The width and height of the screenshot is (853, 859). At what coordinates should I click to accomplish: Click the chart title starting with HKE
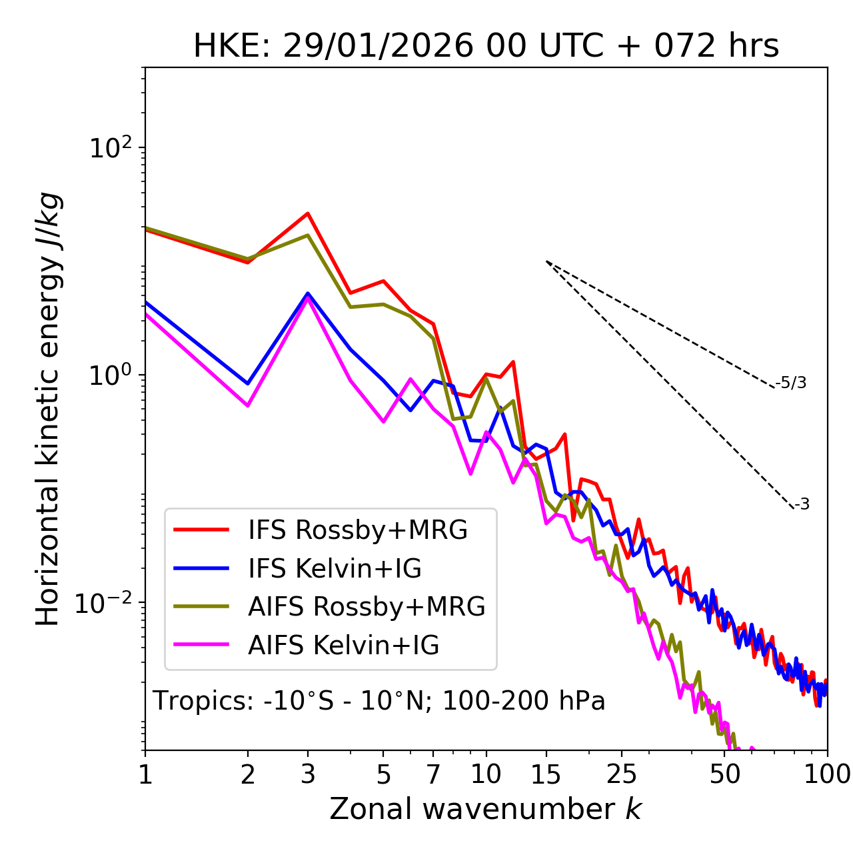[x=486, y=47]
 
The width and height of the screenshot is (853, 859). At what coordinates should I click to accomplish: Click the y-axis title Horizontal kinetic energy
[x=48, y=409]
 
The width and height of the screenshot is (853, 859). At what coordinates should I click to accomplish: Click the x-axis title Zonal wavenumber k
[x=485, y=809]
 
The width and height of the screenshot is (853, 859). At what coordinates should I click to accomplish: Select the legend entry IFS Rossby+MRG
[x=357, y=530]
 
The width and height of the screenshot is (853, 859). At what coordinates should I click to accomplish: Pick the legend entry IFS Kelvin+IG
[x=335, y=569]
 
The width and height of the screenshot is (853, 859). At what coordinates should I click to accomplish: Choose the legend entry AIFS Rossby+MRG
[x=367, y=607]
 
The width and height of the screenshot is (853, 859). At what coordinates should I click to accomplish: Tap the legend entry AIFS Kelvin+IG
[x=343, y=646]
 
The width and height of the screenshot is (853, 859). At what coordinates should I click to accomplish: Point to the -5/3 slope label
[x=791, y=383]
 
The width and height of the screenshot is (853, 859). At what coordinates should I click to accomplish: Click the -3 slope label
[x=802, y=505]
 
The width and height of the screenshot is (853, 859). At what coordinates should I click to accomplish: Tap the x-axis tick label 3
[x=308, y=774]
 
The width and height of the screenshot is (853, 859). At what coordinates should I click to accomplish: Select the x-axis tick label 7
[x=433, y=774]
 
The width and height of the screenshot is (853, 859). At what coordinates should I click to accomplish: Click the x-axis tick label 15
[x=546, y=774]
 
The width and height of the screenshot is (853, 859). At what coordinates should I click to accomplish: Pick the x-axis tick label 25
[x=622, y=774]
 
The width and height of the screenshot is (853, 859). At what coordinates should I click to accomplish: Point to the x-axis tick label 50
[x=725, y=774]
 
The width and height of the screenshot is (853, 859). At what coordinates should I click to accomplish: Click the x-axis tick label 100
[x=827, y=774]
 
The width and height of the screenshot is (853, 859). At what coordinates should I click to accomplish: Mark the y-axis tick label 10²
[x=110, y=147]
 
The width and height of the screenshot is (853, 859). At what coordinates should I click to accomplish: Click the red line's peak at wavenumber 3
[x=308, y=213]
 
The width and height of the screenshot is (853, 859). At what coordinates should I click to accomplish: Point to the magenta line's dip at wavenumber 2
[x=248, y=405]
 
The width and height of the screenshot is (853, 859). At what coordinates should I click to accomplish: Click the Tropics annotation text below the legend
[x=379, y=702]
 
